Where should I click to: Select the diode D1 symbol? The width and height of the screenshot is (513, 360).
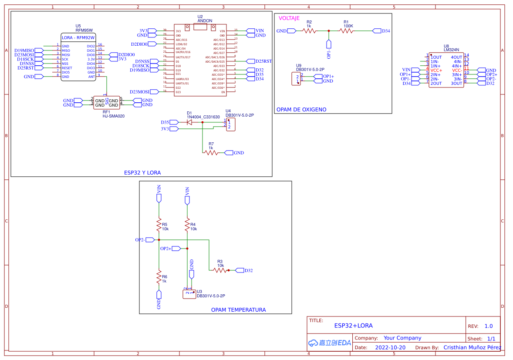click(189, 122)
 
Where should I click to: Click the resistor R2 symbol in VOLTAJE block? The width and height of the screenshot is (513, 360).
click(309, 31)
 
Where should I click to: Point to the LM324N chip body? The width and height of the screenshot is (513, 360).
click(446, 70)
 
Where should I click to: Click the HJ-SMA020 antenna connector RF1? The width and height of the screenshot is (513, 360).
click(107, 103)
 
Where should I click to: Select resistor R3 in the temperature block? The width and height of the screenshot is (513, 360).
click(220, 270)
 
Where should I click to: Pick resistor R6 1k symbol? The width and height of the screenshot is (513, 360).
click(159, 277)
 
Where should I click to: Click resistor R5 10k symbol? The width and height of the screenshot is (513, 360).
click(159, 225)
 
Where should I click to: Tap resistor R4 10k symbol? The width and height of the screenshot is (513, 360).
click(187, 225)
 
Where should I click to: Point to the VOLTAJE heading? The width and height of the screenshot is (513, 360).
click(289, 18)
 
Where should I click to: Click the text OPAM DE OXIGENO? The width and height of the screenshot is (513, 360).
click(301, 110)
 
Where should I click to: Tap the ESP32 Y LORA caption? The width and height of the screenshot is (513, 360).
click(142, 173)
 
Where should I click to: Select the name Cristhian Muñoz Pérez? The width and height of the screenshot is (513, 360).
click(472, 347)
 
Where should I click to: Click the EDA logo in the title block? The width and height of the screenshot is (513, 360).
click(329, 343)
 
